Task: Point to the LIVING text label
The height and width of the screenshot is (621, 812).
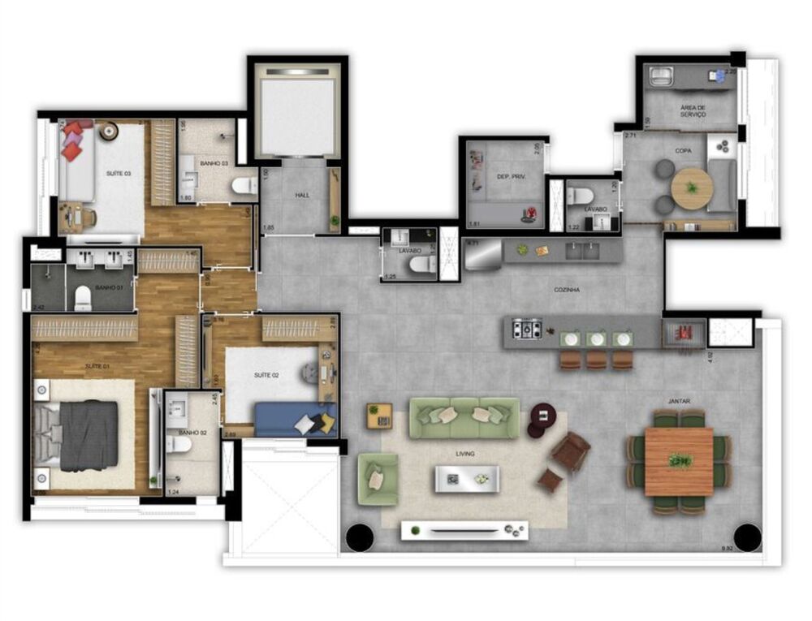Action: [464, 454]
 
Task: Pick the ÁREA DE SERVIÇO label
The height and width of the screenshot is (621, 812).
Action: [693, 110]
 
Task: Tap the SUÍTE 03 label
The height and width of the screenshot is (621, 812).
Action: [118, 174]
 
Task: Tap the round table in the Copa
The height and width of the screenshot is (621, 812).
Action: [692, 188]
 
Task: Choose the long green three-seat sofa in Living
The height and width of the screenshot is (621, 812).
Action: [464, 417]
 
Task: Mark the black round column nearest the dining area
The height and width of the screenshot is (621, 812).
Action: [747, 537]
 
